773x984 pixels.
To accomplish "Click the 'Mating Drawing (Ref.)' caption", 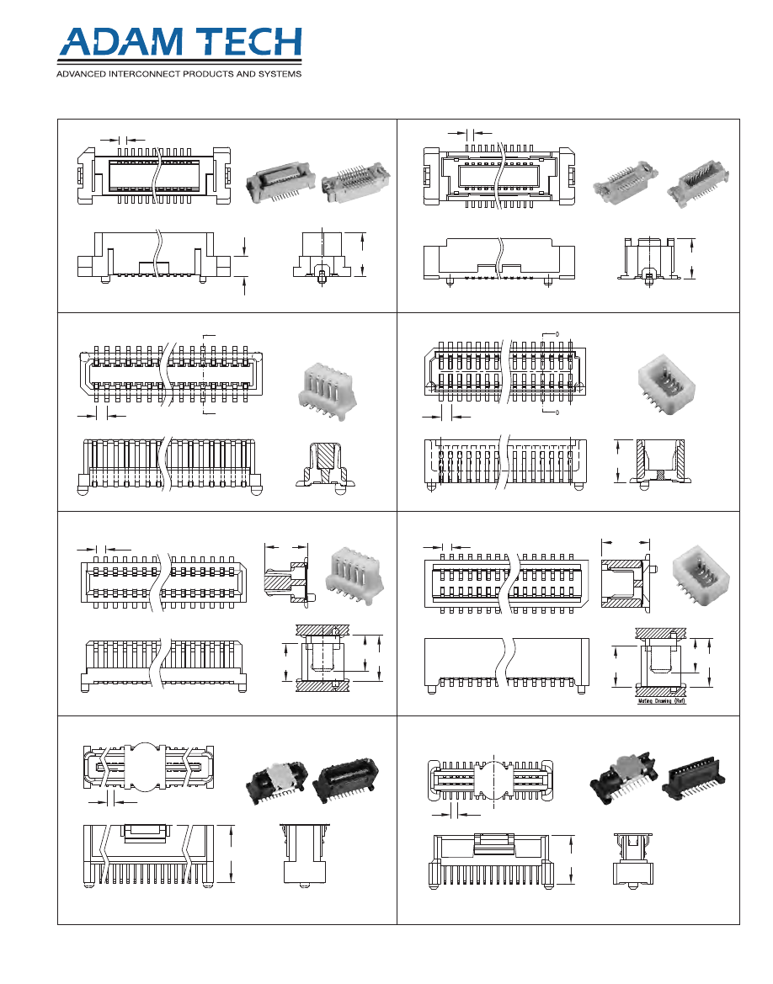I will [x=659, y=700].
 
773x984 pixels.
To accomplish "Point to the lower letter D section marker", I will [x=558, y=412].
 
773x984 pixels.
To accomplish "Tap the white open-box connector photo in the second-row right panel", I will [x=668, y=382].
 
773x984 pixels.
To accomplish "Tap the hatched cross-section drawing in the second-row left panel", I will [x=325, y=465].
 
